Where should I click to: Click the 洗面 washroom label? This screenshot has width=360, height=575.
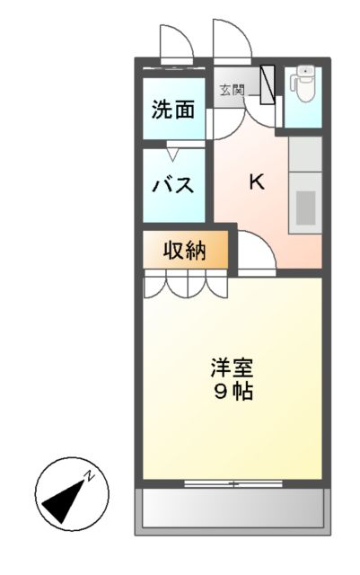coord(173,111)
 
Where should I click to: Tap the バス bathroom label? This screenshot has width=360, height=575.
coord(173,186)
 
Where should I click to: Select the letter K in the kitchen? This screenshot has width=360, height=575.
coord(256,181)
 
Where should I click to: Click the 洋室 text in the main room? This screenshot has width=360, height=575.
coord(232,367)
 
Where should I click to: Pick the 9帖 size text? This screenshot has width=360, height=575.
coord(232,392)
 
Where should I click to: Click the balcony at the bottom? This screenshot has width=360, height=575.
coord(233,510)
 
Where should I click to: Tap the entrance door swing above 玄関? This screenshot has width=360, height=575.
coord(230,40)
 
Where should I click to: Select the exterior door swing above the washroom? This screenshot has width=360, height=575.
coord(172,43)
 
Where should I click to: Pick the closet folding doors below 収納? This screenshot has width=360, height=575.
coord(185,286)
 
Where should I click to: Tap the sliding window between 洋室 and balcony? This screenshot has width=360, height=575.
coord(232,484)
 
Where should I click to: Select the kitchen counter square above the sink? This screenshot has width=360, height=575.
coord(305,154)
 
